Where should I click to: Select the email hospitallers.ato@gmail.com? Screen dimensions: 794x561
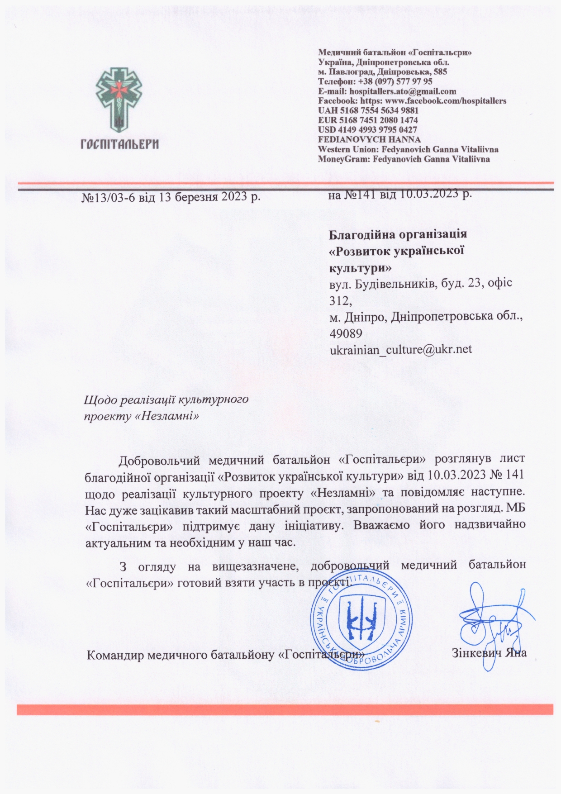point(403,91)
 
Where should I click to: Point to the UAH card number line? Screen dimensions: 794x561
point(368,110)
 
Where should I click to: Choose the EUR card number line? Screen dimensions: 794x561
point(368,120)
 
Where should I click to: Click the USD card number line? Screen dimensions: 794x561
point(367,130)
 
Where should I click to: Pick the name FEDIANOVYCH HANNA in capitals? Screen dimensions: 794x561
point(369,139)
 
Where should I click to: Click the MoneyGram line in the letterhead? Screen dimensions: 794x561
point(404,159)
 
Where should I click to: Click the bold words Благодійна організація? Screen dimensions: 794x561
point(398,235)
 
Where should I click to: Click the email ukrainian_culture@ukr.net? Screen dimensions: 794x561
point(401,349)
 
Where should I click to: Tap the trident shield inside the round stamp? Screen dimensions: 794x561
point(361,618)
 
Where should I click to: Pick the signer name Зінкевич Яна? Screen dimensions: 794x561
point(489,654)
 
